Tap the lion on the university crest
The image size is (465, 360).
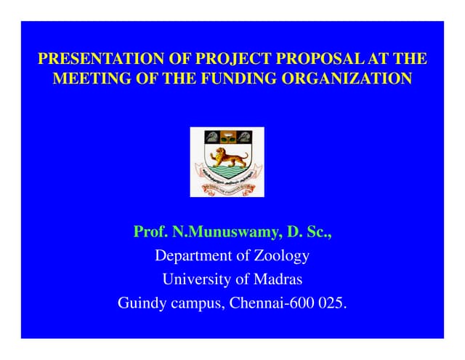point(227,156)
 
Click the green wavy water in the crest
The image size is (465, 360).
point(227,173)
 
